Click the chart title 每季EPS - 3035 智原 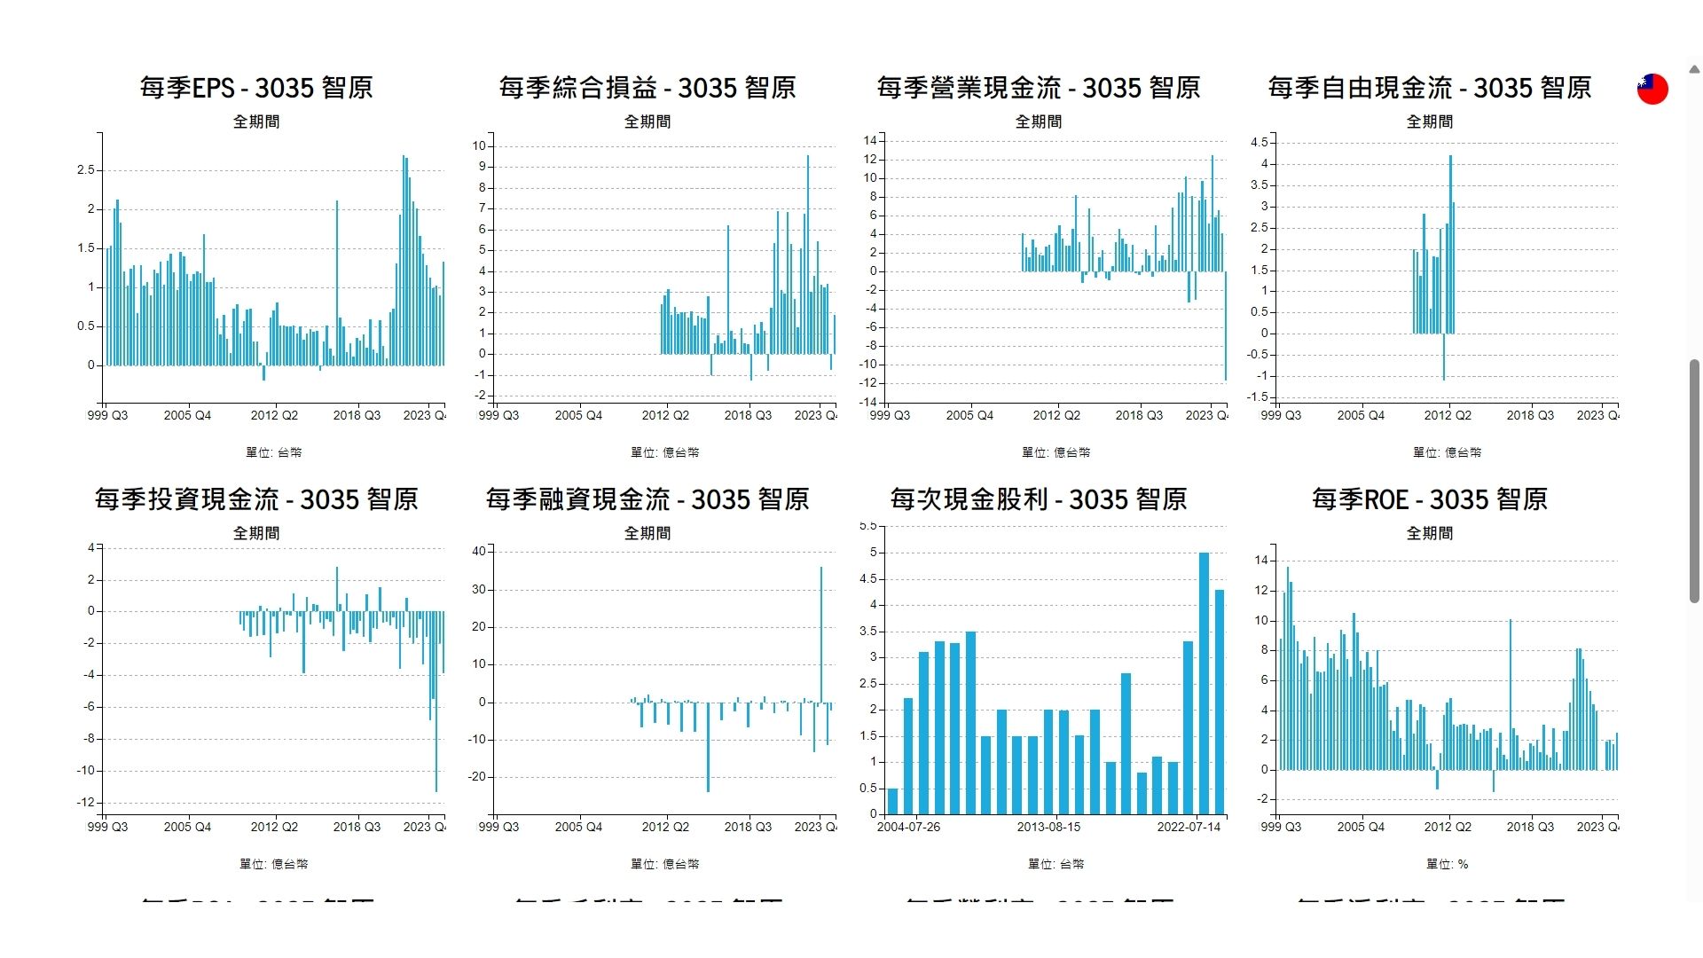256,88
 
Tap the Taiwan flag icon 1652,89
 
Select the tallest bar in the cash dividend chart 1204,683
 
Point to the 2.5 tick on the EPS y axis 85,169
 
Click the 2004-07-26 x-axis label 908,827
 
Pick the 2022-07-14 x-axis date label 1189,827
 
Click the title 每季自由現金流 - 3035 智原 1430,88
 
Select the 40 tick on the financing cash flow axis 479,551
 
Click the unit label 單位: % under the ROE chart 1447,864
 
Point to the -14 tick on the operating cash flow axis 870,402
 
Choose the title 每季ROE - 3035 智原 1430,499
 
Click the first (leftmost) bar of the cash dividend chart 892,801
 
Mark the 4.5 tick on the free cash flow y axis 1260,142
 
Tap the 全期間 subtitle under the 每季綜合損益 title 647,122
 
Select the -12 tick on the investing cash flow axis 85,803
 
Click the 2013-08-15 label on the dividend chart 1048,827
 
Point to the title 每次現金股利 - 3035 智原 1039,499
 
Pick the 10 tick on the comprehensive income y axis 479,145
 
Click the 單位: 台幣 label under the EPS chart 273,452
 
